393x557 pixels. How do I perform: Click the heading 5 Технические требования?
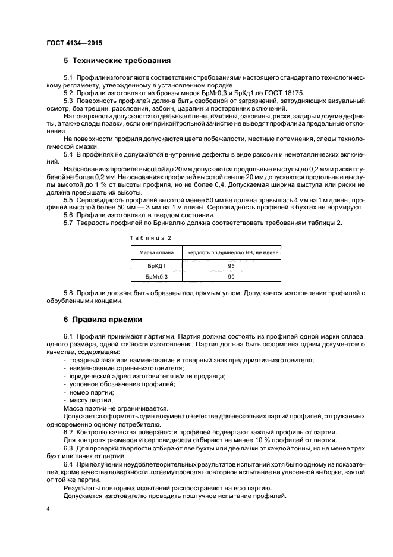tap(117, 61)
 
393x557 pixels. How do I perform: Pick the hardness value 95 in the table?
tap(231, 265)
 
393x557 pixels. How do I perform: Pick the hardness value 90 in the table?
tap(231, 277)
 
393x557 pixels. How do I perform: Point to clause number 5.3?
tap(68, 101)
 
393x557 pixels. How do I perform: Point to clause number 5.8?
tap(68, 293)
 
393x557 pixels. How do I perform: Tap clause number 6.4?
tap(68, 463)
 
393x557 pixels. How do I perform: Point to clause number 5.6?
tap(68, 214)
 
